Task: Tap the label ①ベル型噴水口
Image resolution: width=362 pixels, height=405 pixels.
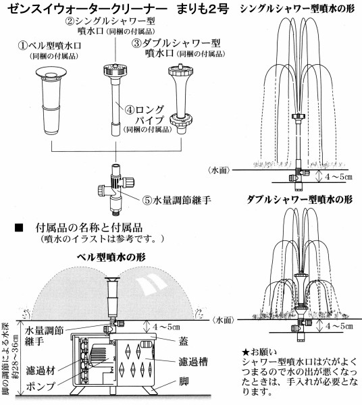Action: [46, 47]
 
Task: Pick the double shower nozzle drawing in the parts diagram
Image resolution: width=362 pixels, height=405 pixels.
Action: [182, 94]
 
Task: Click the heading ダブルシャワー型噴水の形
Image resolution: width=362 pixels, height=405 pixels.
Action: [298, 200]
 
